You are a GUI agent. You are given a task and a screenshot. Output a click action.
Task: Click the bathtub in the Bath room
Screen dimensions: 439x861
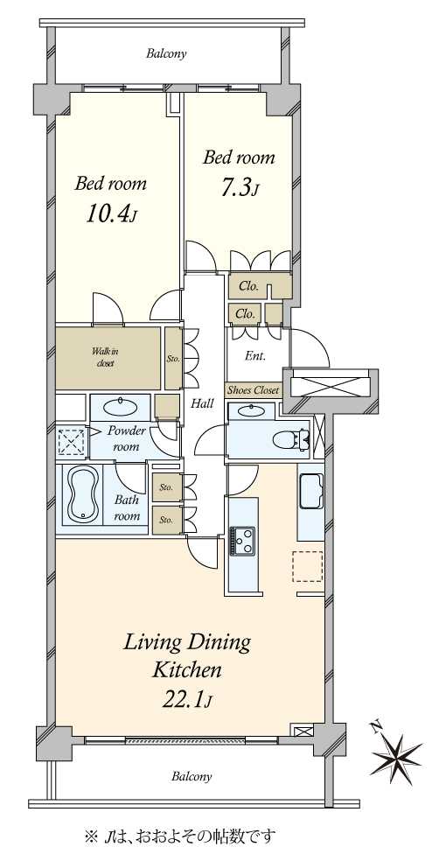point(83,493)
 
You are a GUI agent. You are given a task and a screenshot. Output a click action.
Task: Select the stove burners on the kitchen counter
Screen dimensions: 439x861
point(242,541)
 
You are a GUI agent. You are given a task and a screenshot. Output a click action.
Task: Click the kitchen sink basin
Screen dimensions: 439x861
point(310,490)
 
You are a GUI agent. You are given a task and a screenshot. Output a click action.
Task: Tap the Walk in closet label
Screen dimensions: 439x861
point(104,358)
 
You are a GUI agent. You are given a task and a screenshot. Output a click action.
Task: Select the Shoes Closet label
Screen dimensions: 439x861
point(253,390)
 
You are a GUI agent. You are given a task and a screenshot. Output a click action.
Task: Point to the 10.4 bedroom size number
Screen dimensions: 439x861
point(110,214)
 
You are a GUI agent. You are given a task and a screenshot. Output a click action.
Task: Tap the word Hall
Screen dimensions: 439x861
point(203,403)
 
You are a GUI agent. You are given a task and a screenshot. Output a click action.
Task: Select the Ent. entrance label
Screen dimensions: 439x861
point(255,356)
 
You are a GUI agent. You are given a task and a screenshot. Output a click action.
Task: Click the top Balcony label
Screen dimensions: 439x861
point(166,54)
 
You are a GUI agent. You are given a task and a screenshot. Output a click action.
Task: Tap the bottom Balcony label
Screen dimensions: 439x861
point(192,776)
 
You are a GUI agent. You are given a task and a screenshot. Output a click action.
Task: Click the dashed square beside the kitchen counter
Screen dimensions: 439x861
point(308,566)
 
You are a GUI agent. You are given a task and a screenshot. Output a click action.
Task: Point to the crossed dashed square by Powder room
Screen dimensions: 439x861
point(72,442)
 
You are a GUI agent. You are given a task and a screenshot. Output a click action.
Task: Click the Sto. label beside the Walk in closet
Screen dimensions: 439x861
point(173,359)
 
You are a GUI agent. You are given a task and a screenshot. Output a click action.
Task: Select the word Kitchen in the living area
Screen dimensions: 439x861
point(186,670)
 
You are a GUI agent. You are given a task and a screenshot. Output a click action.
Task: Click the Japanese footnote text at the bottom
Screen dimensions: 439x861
point(179,836)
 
